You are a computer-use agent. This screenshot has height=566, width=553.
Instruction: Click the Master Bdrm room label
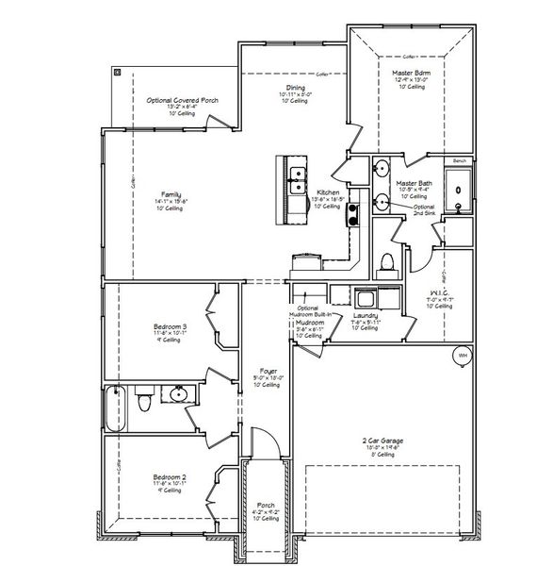411,72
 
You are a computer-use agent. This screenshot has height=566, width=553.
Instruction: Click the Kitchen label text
328,191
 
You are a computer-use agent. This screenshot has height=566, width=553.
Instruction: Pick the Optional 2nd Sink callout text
424,209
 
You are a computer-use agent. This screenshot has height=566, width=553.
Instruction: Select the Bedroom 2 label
171,476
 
